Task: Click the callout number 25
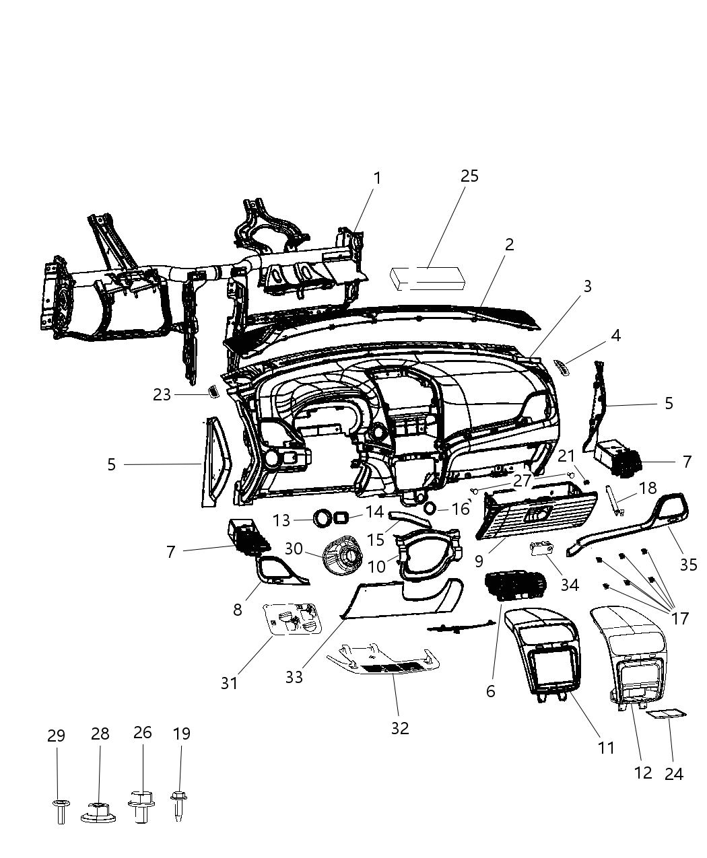point(469,176)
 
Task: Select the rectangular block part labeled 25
point(428,278)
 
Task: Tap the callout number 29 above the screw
point(57,736)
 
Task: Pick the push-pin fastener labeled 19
point(179,803)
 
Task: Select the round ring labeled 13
point(323,517)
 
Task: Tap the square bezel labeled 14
point(340,517)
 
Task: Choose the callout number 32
point(400,728)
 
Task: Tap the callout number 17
point(680,617)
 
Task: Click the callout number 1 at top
point(377,178)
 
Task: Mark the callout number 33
point(294,676)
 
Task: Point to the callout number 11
point(606,746)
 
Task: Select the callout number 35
point(688,564)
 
